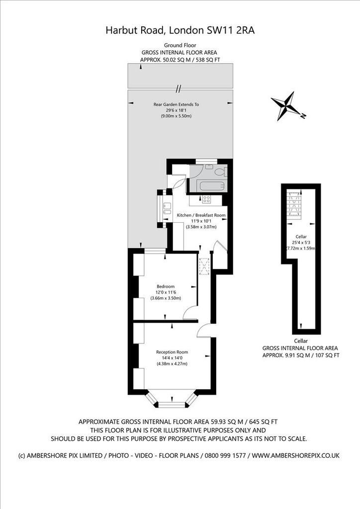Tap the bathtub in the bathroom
(x=212, y=186)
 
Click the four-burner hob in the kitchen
(x=206, y=199)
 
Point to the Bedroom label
(x=166, y=286)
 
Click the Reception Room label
(x=172, y=352)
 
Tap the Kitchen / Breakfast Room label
(x=201, y=215)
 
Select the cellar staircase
(x=294, y=203)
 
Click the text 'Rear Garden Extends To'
(x=176, y=104)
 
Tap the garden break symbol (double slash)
(x=178, y=88)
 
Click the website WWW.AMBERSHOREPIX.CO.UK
(x=295, y=455)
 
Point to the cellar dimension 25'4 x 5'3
(x=301, y=242)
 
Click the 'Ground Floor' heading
(x=180, y=45)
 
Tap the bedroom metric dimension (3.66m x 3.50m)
(x=166, y=298)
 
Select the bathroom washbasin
(x=208, y=167)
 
